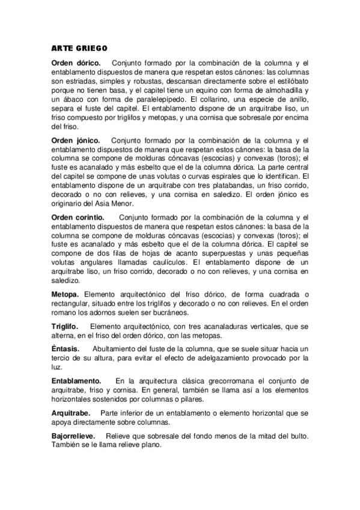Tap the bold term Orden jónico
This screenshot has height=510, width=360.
coord(76,140)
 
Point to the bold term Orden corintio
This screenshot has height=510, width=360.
coord(78,217)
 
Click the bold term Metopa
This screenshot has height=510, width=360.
coord(67,294)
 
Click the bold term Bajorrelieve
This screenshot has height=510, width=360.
coord(76,436)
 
